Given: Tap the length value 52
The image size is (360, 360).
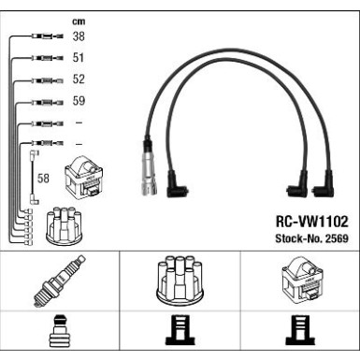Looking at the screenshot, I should point(79,80).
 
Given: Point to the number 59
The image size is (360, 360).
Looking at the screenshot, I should point(79,101).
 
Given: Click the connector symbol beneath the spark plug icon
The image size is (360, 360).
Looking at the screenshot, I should point(60,335).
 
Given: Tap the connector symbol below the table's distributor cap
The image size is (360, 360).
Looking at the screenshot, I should point(179,335).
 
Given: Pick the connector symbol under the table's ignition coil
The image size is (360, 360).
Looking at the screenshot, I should point(301,335).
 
